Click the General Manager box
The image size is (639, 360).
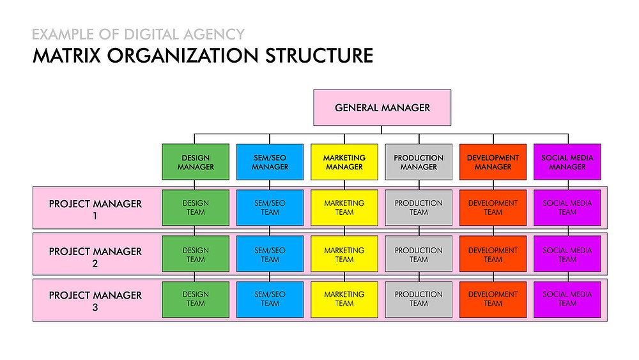[382, 107]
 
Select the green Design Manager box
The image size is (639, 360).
[196, 162]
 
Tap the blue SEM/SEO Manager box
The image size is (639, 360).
[270, 162]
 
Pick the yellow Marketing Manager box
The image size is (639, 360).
[344, 162]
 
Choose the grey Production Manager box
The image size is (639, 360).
[419, 162]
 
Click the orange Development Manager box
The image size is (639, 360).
[493, 162]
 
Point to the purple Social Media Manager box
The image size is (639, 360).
[567, 162]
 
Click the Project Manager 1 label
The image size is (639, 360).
[95, 208]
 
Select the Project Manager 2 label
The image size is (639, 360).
[95, 256]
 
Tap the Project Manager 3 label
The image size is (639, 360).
[95, 300]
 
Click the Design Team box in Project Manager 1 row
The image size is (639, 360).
[196, 208]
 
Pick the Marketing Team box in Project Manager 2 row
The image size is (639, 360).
[344, 254]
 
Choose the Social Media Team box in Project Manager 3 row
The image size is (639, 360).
[567, 299]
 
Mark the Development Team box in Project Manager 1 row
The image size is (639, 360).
[493, 208]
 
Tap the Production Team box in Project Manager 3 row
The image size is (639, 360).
[419, 299]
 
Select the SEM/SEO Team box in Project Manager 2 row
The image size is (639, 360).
[270, 254]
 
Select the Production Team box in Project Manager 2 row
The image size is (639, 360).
[419, 254]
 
